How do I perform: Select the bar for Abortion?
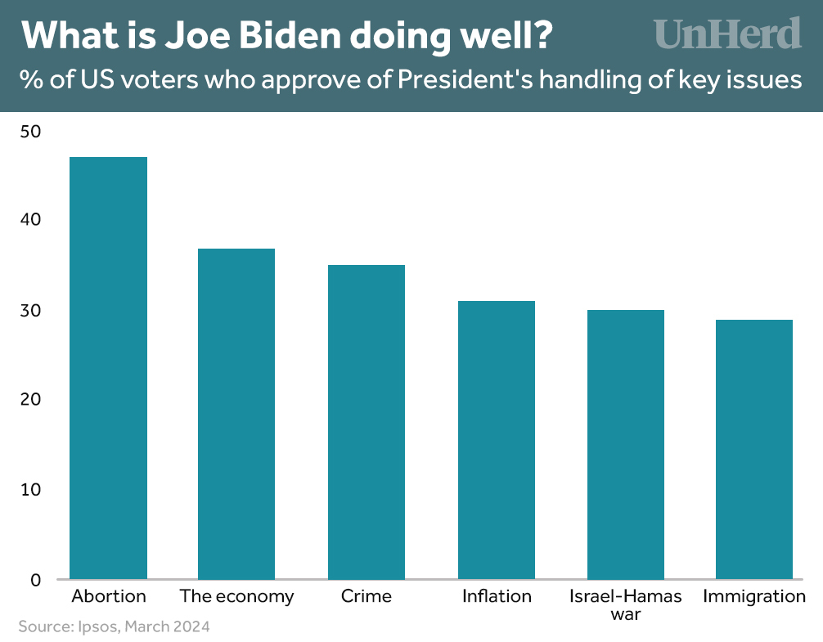point(109,368)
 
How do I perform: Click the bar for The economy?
point(236,414)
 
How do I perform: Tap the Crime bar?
point(366,422)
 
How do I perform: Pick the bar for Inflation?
point(497,440)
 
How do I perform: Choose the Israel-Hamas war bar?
point(626,445)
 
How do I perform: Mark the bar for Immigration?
point(754,450)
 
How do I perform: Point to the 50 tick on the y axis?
point(29,131)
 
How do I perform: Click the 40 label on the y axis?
point(29,220)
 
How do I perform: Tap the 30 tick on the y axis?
point(29,311)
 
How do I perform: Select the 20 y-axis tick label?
point(29,400)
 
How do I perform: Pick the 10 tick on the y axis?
point(29,490)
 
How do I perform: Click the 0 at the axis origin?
point(35,580)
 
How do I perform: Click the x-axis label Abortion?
point(109,596)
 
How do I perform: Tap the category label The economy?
point(236,596)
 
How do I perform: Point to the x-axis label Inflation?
point(497,596)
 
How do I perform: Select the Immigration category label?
point(754,596)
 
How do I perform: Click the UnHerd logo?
point(727,34)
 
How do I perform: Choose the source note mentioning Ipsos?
point(114,627)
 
